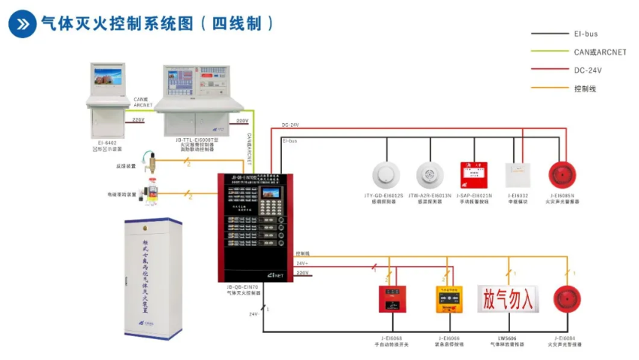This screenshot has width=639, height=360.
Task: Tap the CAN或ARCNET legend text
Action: (x=599, y=52)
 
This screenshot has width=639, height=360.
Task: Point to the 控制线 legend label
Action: (x=585, y=88)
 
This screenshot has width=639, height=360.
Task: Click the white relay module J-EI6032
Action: (x=517, y=175)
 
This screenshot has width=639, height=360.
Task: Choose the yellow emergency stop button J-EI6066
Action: (x=449, y=298)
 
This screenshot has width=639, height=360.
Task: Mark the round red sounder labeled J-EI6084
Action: (x=568, y=298)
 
